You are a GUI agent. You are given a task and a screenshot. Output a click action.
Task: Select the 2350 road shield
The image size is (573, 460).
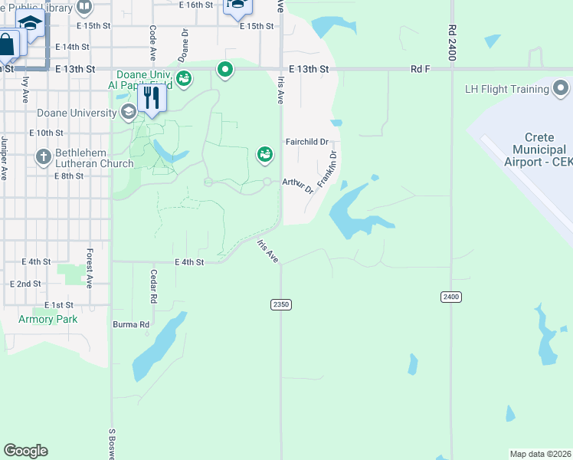(x=281, y=304)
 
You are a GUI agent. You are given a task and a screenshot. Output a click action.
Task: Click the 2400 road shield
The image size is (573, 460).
(x=451, y=297)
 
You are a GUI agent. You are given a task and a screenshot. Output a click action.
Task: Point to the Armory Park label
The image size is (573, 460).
(x=48, y=319)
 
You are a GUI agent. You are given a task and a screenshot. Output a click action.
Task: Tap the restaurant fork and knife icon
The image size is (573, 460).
(x=151, y=98)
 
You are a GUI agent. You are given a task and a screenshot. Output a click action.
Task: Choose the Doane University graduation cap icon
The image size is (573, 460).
(x=128, y=113)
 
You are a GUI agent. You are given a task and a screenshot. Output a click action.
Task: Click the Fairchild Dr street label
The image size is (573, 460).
(x=306, y=142)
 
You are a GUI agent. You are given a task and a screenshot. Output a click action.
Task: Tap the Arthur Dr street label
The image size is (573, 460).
(x=298, y=185)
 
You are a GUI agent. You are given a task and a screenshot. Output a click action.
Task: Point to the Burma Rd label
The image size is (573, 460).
(x=131, y=324)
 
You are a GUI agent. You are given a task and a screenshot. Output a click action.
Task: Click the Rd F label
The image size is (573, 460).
(x=421, y=69)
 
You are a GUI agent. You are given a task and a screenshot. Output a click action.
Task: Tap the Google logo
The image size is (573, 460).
(x=25, y=451)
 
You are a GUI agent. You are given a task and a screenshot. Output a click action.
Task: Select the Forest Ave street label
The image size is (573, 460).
(x=90, y=268)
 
